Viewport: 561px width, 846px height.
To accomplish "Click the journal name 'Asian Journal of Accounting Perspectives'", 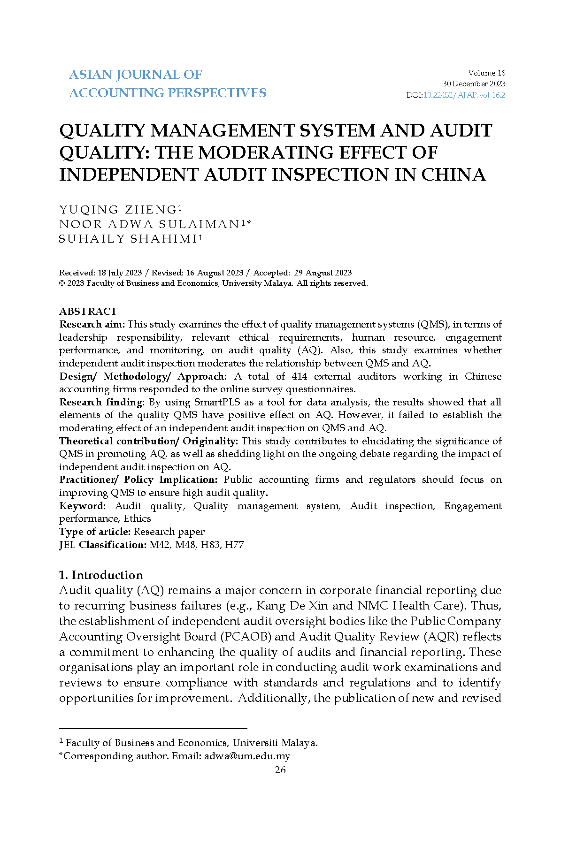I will (x=168, y=84).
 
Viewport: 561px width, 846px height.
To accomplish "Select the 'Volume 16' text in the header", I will (x=486, y=73).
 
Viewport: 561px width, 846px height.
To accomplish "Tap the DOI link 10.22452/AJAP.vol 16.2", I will (x=464, y=95).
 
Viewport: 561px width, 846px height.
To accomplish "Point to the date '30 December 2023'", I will (x=473, y=84).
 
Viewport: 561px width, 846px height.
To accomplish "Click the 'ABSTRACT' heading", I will (x=88, y=311).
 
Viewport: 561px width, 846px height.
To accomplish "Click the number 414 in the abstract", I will (x=299, y=376).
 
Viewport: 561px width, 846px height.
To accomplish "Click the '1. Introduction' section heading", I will (x=101, y=575).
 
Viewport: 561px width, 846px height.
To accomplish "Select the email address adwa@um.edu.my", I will (x=247, y=756).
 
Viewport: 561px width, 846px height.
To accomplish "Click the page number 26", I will (x=280, y=770).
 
